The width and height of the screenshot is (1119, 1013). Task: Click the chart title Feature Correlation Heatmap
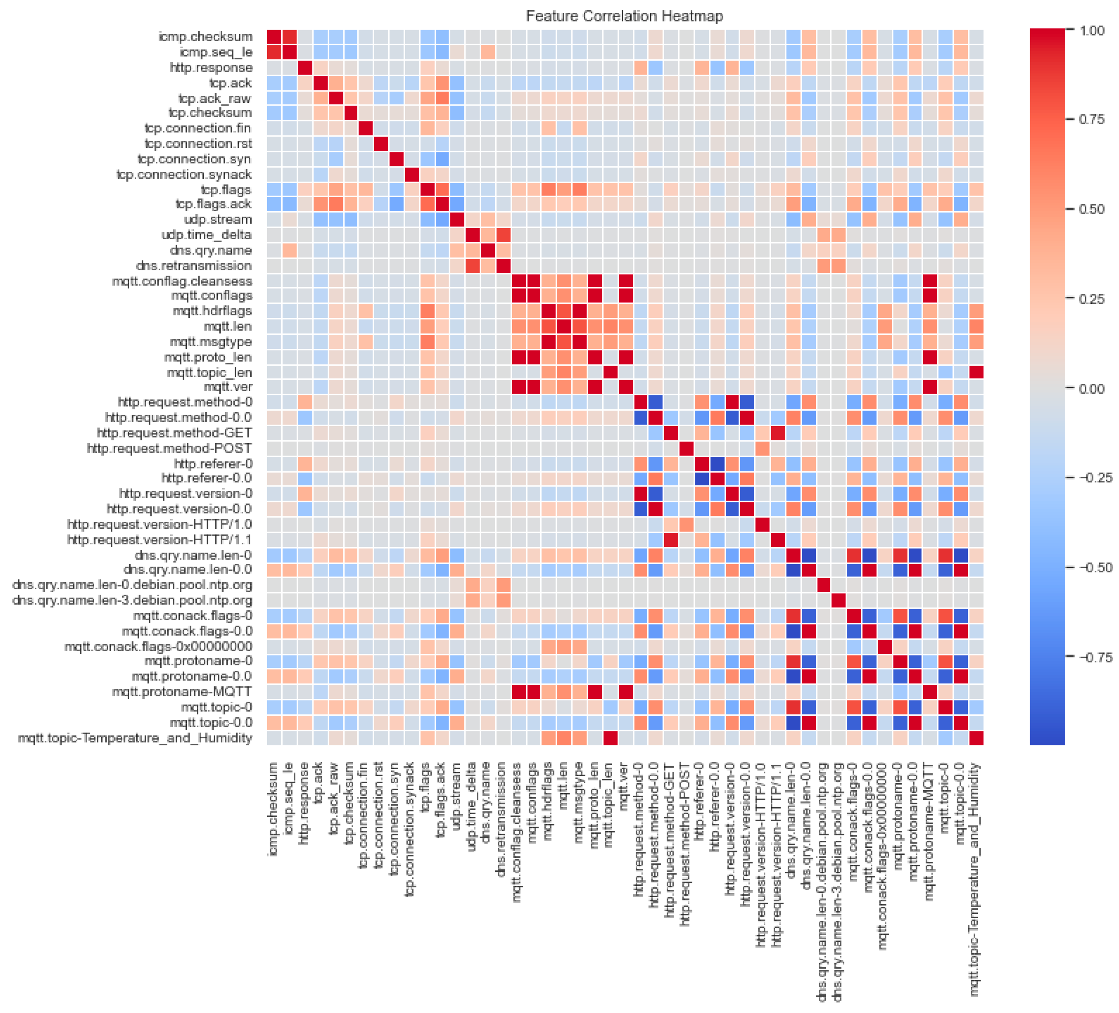click(x=625, y=16)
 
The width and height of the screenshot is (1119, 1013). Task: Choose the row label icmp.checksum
click(x=205, y=37)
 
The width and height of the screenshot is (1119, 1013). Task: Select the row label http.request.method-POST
click(x=169, y=448)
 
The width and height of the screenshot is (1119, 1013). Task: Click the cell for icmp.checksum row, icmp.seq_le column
click(x=290, y=37)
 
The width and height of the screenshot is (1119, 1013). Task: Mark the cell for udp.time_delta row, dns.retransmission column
click(x=503, y=236)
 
